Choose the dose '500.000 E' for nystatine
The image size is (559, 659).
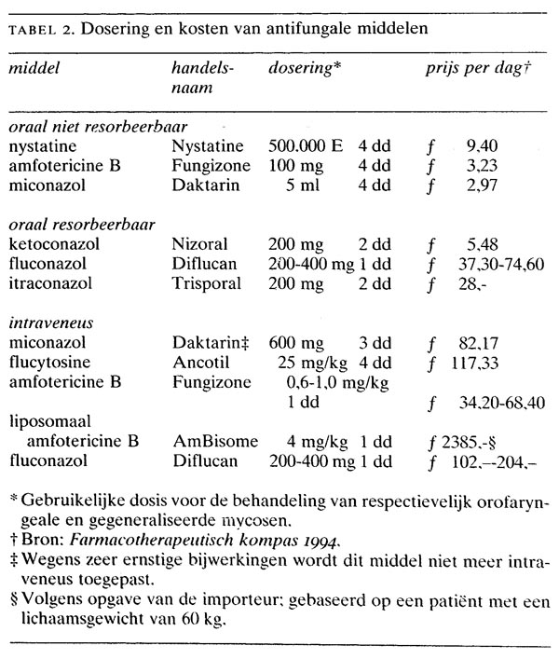pos(306,146)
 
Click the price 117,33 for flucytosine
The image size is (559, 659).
pos(480,363)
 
